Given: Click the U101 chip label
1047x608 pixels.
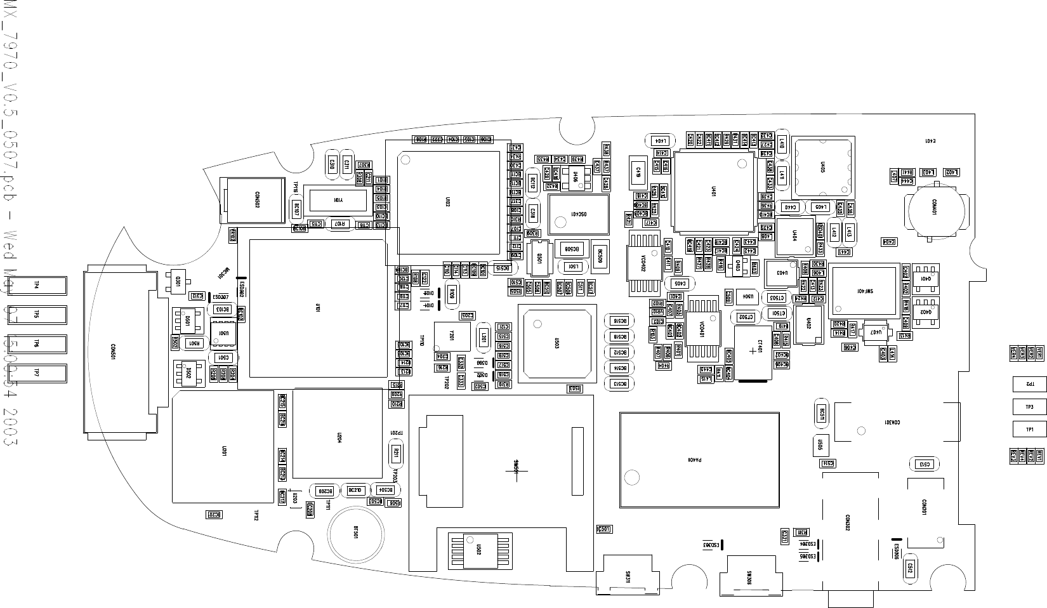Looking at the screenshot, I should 317,308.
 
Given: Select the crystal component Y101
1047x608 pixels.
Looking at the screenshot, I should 335,200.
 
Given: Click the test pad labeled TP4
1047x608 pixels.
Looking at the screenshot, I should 36,286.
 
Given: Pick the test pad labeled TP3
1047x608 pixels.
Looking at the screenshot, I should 1029,407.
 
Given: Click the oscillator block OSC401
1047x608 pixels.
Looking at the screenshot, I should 577,215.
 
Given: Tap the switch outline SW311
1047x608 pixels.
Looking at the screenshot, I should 627,576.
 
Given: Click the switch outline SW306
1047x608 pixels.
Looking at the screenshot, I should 749,576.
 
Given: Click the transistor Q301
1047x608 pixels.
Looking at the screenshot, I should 178,281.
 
